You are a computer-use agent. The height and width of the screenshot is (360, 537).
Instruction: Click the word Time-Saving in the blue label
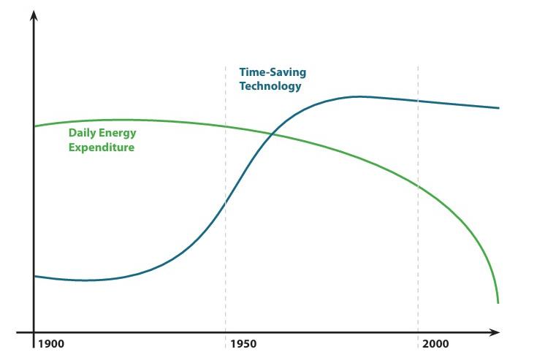click(x=273, y=72)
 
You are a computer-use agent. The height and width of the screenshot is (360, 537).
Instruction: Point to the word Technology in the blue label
click(x=270, y=86)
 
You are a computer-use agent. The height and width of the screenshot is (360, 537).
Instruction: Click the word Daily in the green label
click(x=83, y=134)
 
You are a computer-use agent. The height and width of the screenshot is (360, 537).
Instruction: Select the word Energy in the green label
click(x=118, y=134)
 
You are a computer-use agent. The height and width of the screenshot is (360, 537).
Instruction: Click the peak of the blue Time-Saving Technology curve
click(x=358, y=96)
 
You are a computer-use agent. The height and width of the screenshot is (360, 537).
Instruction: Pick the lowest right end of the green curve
click(x=498, y=302)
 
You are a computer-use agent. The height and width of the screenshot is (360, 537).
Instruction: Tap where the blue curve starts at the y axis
click(x=35, y=276)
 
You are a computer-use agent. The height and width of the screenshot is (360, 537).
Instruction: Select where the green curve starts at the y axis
click(x=35, y=126)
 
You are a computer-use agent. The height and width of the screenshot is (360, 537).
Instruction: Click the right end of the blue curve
click(x=498, y=108)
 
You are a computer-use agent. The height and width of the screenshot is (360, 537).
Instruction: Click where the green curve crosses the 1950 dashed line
click(x=226, y=126)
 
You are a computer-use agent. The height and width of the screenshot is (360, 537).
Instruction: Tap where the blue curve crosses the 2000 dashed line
click(x=418, y=101)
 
